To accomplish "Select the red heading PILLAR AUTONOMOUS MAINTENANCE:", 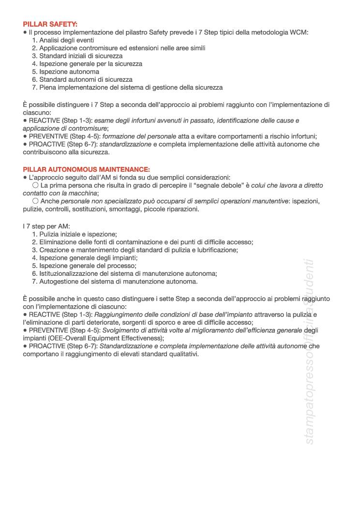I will click(x=86, y=169).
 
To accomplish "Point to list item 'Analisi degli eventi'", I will click(x=67, y=40).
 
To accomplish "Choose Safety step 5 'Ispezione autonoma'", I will click(x=69, y=72).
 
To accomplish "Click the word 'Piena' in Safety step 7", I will click(x=48, y=88).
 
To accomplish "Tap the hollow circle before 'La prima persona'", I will click(x=35, y=185).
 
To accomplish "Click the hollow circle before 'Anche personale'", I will click(x=35, y=201).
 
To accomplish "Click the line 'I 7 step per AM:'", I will click(x=46, y=226).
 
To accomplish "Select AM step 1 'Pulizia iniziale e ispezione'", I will click(x=78, y=234).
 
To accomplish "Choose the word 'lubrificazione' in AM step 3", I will click(x=216, y=250).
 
